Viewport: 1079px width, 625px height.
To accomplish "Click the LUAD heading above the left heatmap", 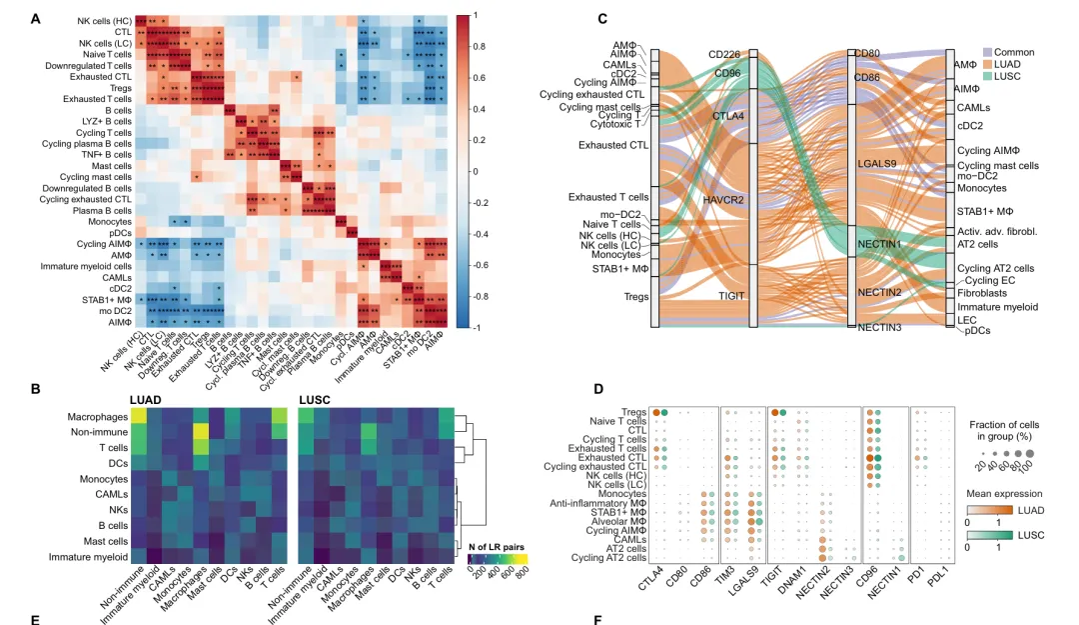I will click(x=145, y=399).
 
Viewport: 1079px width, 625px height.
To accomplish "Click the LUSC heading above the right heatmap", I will click(x=316, y=399).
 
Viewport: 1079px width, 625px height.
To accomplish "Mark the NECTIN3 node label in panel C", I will click(x=879, y=328).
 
